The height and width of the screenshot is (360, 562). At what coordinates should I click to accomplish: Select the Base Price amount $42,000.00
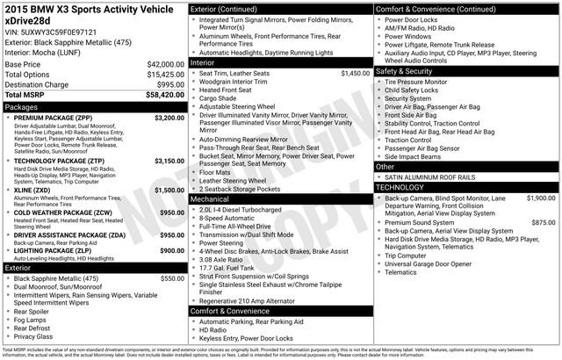(x=165, y=65)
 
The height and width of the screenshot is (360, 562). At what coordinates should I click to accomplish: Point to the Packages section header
(x=22, y=105)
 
